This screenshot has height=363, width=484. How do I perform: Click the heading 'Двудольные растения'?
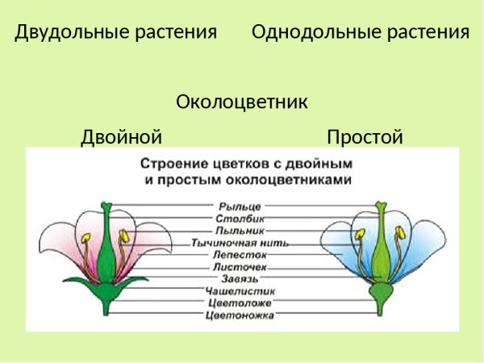116,32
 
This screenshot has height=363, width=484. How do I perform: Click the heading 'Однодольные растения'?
360,32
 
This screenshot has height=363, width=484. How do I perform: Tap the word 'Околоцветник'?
242,103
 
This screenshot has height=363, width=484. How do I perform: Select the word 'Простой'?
365,137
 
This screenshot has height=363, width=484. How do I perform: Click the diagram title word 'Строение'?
172,162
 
